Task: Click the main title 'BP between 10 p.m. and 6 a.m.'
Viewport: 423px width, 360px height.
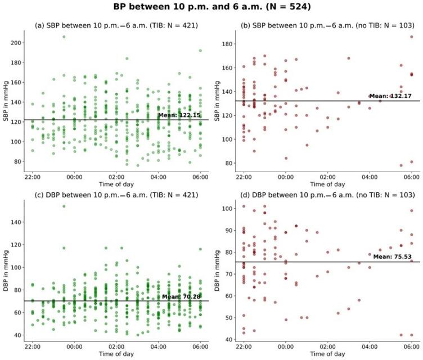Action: (211, 7)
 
